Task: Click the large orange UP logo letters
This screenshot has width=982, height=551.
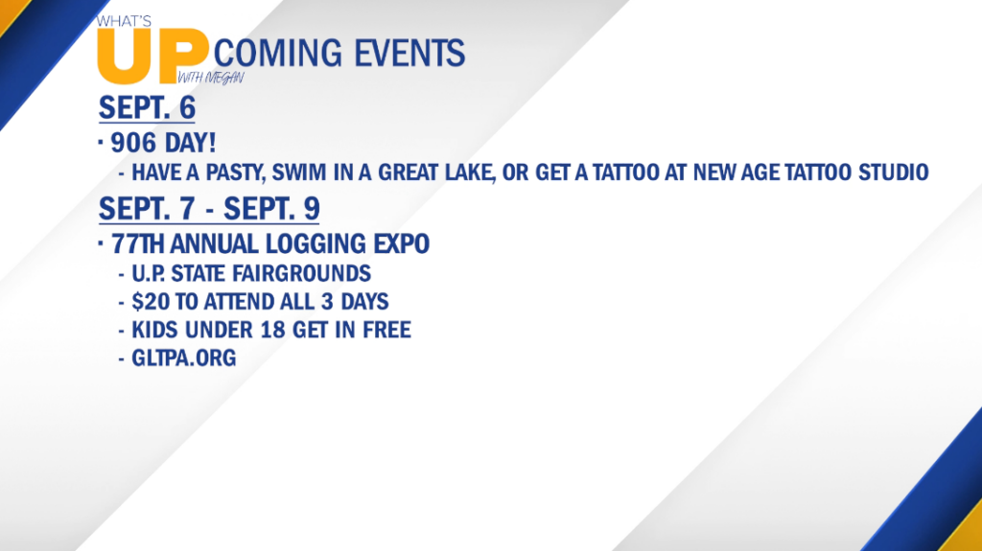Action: (x=152, y=57)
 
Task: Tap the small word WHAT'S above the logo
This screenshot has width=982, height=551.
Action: (x=124, y=21)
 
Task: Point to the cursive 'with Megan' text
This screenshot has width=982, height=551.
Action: (x=210, y=78)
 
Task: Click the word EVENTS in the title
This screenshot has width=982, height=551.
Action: (x=409, y=53)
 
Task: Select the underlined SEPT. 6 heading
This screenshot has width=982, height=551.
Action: (x=147, y=107)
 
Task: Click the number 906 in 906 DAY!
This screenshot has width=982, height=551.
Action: (x=133, y=143)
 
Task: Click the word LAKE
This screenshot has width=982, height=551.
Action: (x=470, y=172)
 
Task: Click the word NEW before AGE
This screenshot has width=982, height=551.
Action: (x=713, y=172)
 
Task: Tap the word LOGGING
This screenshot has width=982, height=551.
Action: (x=316, y=243)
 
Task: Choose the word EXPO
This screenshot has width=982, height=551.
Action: (x=402, y=243)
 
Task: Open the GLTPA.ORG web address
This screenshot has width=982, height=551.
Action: (x=183, y=358)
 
